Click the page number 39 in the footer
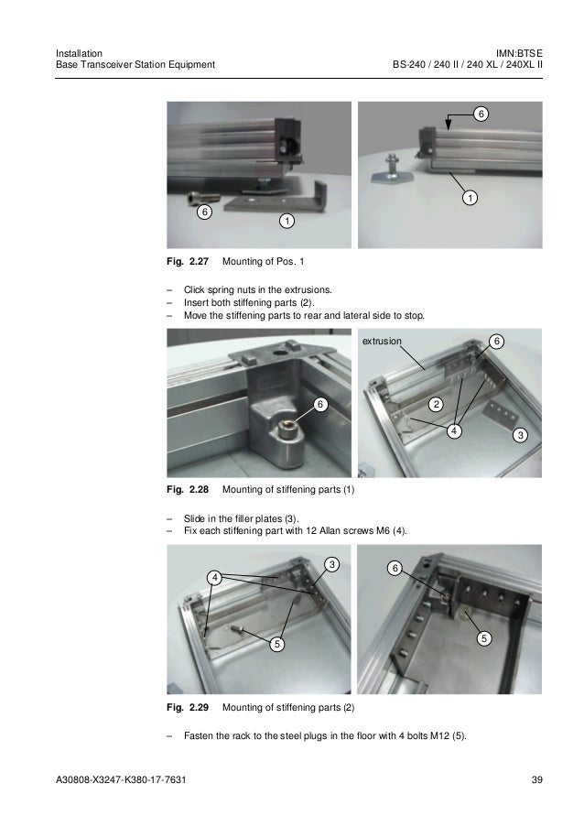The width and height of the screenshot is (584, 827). point(536,779)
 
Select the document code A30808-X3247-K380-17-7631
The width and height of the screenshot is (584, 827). point(121,779)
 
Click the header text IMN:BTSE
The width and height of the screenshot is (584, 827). point(519,53)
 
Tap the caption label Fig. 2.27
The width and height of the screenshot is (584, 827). point(188,261)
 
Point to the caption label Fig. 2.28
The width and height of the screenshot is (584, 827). point(188,489)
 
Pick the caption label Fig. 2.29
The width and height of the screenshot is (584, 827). point(188,707)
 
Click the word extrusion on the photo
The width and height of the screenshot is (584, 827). point(382,342)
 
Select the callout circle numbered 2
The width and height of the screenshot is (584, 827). point(436,405)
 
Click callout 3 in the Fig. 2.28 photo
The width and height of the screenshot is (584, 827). point(520,435)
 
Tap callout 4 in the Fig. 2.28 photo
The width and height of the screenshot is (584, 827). point(454,431)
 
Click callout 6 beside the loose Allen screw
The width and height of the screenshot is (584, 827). point(204,212)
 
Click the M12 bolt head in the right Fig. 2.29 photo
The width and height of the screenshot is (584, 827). point(464,613)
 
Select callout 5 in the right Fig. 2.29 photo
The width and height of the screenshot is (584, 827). point(484,638)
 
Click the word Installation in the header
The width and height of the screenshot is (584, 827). point(79,53)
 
